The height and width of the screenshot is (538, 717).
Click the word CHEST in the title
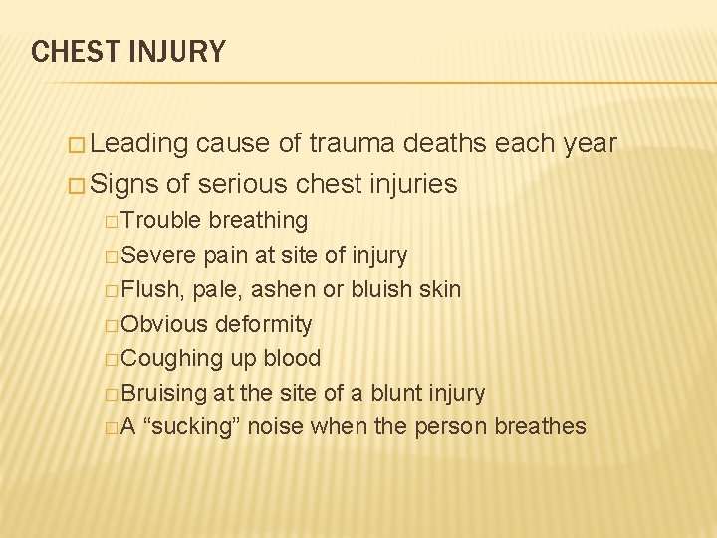72,51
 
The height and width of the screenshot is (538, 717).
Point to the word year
589,144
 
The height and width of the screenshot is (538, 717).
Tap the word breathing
258,220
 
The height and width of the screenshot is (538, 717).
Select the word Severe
159,255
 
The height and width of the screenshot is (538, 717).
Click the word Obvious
164,324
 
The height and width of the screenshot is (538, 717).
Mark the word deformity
264,324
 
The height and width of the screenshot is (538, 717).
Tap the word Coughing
170,359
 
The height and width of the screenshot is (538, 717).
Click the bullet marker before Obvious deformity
111,325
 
